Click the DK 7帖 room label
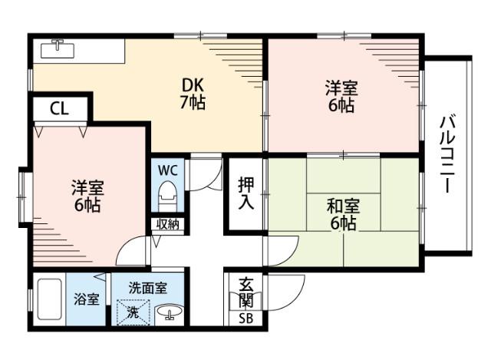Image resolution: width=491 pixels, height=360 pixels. (193, 93)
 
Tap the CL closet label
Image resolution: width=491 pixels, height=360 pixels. (59, 108)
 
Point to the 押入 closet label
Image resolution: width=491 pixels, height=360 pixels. (245, 193)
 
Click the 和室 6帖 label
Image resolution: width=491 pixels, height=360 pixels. (341, 214)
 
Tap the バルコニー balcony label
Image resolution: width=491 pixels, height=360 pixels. (449, 154)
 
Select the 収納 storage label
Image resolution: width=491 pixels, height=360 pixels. (168, 224)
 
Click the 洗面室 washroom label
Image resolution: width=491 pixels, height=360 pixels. (147, 289)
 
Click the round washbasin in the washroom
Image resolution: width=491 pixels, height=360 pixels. (168, 313)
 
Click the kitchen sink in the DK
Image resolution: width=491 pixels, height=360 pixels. (58, 50)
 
